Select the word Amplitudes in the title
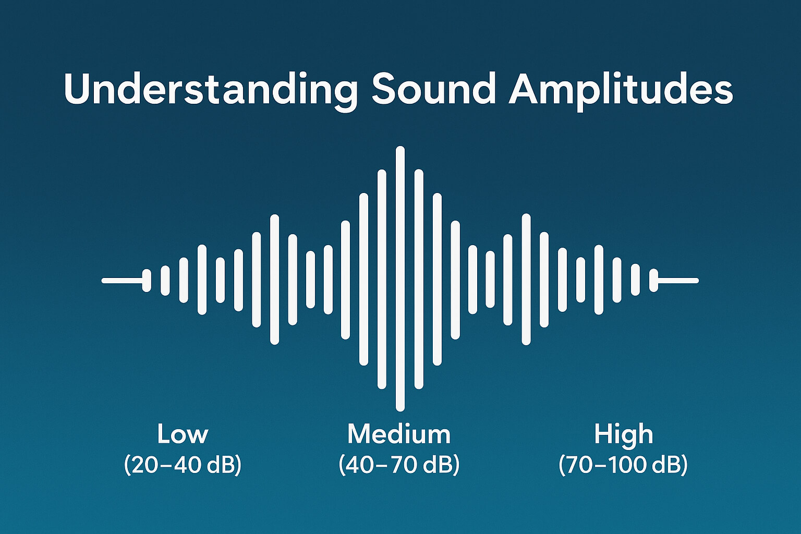621,90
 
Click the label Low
183,434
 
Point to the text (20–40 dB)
183,464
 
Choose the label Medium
399,434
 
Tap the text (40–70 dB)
399,464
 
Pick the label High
623,434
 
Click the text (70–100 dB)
623,464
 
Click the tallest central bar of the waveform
400,279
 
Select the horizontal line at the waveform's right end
678,281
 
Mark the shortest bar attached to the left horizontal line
147,281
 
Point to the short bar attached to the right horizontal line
653,281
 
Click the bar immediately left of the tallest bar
382,279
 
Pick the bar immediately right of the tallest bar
419,279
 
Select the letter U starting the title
77,90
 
